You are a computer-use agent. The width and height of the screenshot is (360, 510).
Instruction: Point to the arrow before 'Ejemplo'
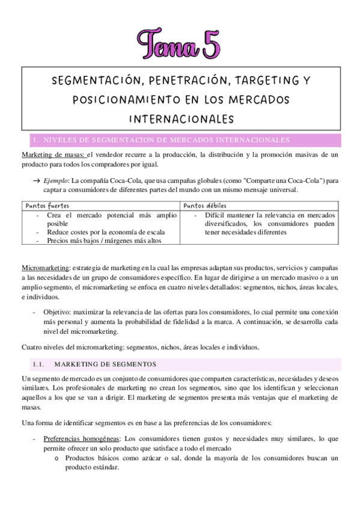[x=36, y=180]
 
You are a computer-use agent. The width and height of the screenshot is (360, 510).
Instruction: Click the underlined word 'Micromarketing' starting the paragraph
[x=44, y=266]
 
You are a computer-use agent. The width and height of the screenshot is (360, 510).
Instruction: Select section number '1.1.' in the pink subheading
[x=39, y=364]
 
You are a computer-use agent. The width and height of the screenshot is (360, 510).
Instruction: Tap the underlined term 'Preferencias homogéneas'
[x=81, y=438]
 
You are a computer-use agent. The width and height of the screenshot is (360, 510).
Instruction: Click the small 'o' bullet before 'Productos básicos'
[x=56, y=458]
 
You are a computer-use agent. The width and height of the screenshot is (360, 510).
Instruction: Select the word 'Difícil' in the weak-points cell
[x=216, y=215]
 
